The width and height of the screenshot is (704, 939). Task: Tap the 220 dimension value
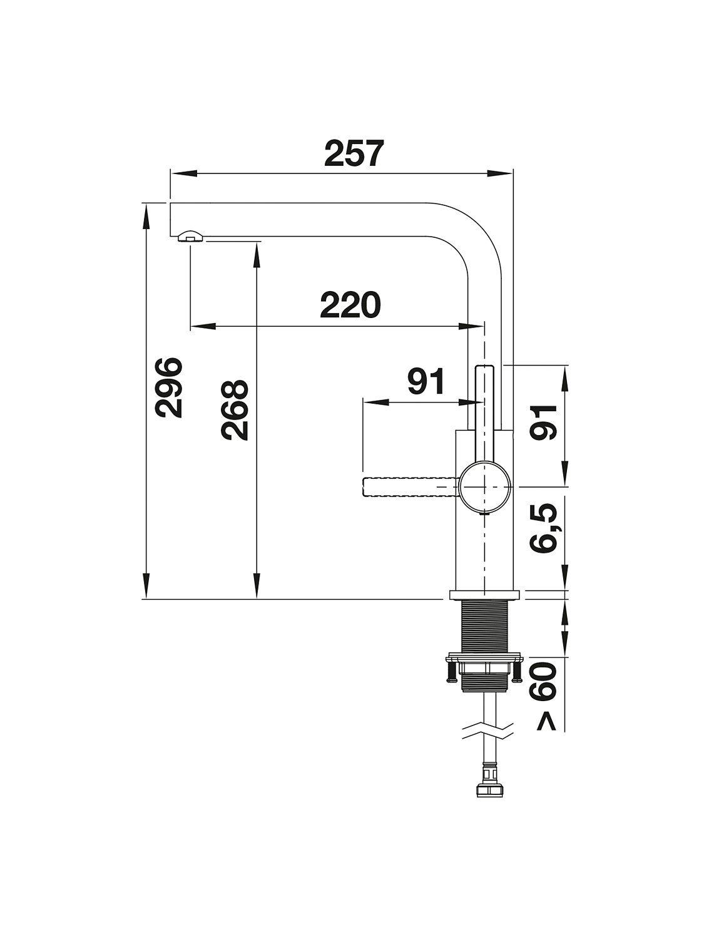[350, 305]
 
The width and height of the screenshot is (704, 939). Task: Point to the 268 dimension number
[235, 410]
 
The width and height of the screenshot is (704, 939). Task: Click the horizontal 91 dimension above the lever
[426, 381]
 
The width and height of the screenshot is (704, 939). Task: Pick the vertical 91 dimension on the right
[543, 422]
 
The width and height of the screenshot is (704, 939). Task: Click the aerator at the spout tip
[190, 236]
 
